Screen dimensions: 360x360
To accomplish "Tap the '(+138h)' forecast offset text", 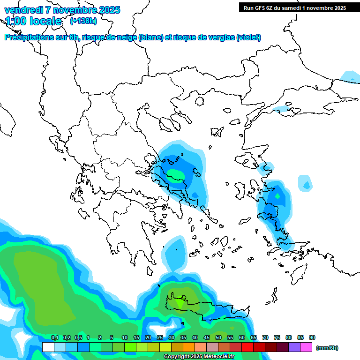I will [x=83, y=21].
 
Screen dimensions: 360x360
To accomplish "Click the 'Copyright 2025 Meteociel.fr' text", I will [x=199, y=357].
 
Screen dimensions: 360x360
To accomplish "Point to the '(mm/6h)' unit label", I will [x=327, y=348].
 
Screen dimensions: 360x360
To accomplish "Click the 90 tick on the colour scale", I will [x=312, y=337].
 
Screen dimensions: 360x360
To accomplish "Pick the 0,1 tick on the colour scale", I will [x=54, y=337].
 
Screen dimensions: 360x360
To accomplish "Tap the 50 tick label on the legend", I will [x=218, y=337].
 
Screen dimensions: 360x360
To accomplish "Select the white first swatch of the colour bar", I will [x=48, y=347].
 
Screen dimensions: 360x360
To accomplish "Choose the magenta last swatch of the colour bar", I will [x=306, y=347].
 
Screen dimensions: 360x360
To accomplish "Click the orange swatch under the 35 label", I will [x=189, y=347].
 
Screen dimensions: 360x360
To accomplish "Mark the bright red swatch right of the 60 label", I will [x=247, y=347].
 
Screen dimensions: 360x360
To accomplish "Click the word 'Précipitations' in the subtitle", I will [x=28, y=37].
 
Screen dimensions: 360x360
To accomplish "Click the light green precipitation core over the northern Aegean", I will [x=176, y=176].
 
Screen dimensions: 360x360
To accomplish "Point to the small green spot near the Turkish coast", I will [x=277, y=196].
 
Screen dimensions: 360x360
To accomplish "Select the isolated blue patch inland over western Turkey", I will [x=305, y=183].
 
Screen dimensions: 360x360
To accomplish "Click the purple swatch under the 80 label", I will [x=294, y=347].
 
